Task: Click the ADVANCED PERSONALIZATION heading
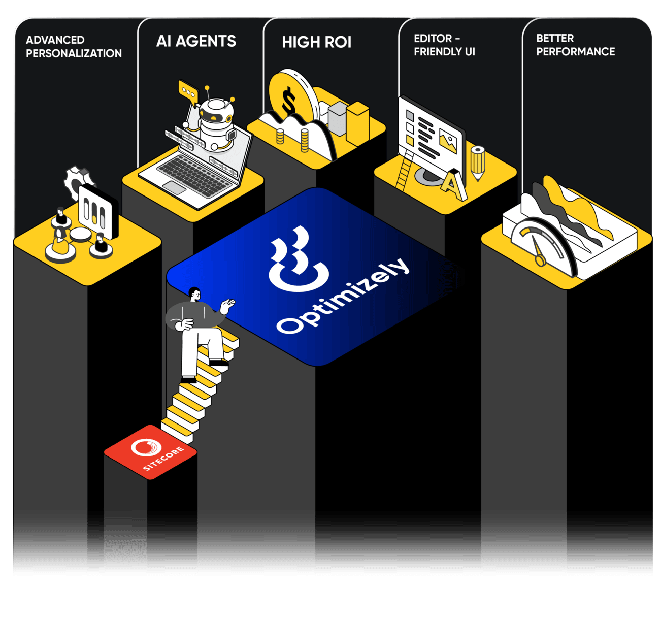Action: click(x=74, y=46)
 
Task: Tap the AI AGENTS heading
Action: click(x=196, y=41)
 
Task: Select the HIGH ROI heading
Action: click(x=316, y=42)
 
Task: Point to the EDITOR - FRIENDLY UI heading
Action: click(x=444, y=45)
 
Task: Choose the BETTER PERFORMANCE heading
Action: click(x=575, y=45)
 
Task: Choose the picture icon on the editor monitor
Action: click(x=448, y=140)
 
